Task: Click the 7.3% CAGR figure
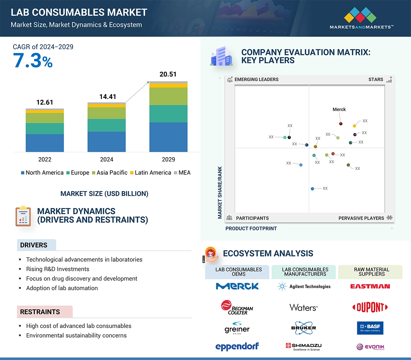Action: point(33,60)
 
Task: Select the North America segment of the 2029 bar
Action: point(168,137)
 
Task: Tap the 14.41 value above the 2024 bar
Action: point(107,96)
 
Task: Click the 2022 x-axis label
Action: point(45,159)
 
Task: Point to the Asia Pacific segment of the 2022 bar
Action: point(45,118)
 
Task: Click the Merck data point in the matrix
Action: point(341,124)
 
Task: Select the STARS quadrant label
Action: point(376,79)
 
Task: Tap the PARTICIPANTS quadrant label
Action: point(252,218)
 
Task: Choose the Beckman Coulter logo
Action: point(237,307)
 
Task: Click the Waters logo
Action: point(304,308)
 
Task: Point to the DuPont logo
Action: point(370,308)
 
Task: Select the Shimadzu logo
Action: point(304,347)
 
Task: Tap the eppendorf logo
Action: point(237,347)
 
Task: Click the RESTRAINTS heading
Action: point(40,312)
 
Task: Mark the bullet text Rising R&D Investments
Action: point(58,269)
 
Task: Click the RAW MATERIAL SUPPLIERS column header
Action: point(371,272)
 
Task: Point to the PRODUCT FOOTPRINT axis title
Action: point(251,228)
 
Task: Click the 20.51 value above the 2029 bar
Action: point(168,74)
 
